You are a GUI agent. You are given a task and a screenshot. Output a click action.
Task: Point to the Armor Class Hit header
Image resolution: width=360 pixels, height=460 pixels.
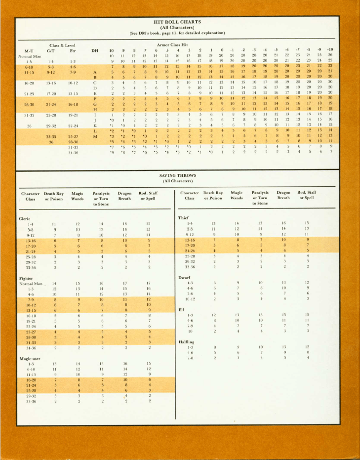point(173,44)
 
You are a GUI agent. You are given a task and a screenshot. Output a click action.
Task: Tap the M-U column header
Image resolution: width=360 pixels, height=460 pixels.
point(29,50)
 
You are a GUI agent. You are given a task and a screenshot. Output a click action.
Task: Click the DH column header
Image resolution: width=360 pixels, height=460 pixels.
point(95,50)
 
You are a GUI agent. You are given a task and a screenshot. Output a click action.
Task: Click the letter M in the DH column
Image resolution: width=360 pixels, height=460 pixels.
point(95,136)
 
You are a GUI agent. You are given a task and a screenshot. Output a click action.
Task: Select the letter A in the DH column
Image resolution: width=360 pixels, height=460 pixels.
point(95,72)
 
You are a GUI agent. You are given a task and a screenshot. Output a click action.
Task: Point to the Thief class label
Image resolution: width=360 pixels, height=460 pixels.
point(183,218)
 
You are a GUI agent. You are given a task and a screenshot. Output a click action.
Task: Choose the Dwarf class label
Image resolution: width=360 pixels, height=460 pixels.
point(184,278)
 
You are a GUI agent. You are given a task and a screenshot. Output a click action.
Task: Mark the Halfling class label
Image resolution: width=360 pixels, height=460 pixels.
point(186,342)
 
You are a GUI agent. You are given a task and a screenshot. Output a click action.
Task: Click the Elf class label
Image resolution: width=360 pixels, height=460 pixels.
point(181,310)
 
